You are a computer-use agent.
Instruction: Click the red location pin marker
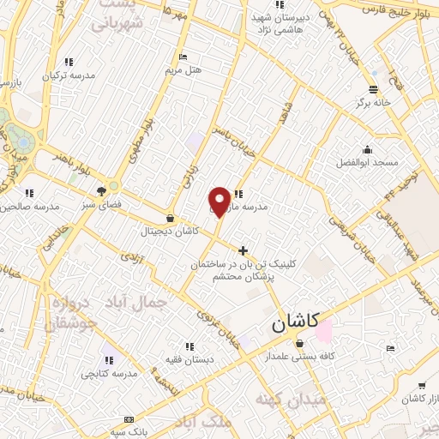219,201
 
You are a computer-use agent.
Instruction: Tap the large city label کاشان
295,322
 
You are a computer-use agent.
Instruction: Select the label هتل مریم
185,69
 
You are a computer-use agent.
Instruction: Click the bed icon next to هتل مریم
183,57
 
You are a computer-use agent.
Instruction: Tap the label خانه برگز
375,102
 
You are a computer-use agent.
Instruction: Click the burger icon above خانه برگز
373,89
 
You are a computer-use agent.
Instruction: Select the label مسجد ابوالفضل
368,162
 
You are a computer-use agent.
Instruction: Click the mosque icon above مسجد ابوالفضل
368,150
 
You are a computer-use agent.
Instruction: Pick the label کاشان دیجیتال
171,232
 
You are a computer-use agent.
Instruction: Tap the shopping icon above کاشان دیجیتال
170,219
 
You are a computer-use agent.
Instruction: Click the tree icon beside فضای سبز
102,191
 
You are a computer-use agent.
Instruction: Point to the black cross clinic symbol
244,251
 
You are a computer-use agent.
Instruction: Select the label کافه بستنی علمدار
299,356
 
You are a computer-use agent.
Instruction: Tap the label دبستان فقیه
189,361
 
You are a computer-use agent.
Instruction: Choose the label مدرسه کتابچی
110,374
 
